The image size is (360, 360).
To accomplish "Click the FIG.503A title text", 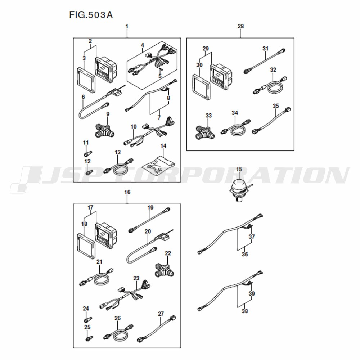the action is click(91, 15).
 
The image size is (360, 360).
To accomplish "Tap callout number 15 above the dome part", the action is click(239, 169).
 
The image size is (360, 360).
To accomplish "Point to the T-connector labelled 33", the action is click(205, 133).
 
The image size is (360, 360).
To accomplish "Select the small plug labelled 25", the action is click(89, 338).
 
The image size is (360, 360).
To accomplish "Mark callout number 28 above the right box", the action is click(240, 26).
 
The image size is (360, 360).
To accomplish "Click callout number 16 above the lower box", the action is click(127, 192).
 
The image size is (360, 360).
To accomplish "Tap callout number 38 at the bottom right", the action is click(245, 311).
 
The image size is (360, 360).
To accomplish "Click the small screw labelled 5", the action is click(161, 69).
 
